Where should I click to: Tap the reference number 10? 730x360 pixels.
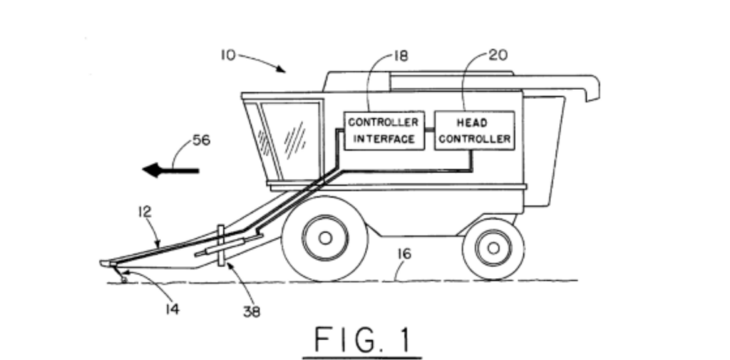click(227, 55)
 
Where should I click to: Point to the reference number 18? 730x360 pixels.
click(401, 56)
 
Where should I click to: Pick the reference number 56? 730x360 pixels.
click(202, 140)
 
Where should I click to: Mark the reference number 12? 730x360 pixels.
click(144, 211)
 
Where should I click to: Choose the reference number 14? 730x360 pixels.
click(171, 308)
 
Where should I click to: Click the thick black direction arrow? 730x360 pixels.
click(170, 170)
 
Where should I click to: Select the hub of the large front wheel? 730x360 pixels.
click(324, 238)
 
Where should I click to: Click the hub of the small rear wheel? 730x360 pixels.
click(493, 248)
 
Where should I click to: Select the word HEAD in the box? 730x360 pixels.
click(471, 123)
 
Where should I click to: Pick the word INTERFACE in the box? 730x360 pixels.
click(384, 138)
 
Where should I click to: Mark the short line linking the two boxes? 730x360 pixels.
click(426, 130)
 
